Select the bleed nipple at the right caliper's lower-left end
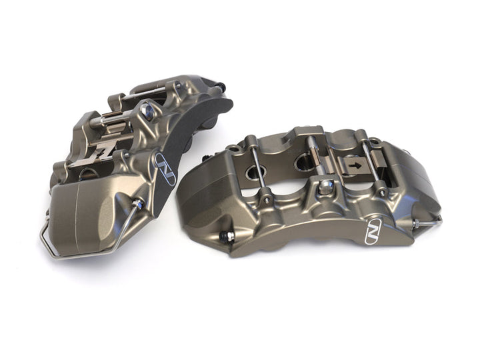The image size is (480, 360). [x=229, y=236]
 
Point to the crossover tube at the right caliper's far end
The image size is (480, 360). [x=427, y=220]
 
